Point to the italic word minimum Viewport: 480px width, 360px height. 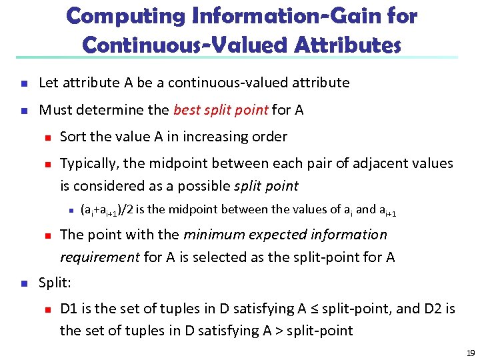pos(212,235)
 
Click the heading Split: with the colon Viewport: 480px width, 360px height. pos(55,283)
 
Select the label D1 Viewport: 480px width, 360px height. pos(69,309)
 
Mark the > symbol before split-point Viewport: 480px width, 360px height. pos(280,331)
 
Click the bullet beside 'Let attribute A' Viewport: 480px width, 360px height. pos(23,83)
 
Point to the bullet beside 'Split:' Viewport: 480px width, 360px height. pos(23,283)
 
